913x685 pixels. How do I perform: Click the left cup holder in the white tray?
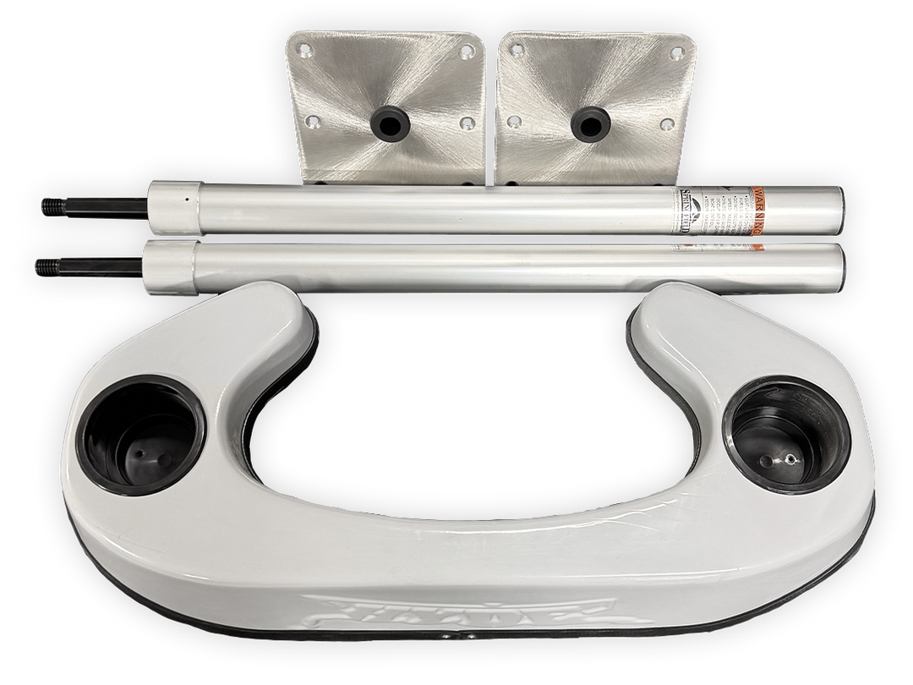[x=143, y=436]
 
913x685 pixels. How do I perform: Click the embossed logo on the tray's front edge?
[x=456, y=610]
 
